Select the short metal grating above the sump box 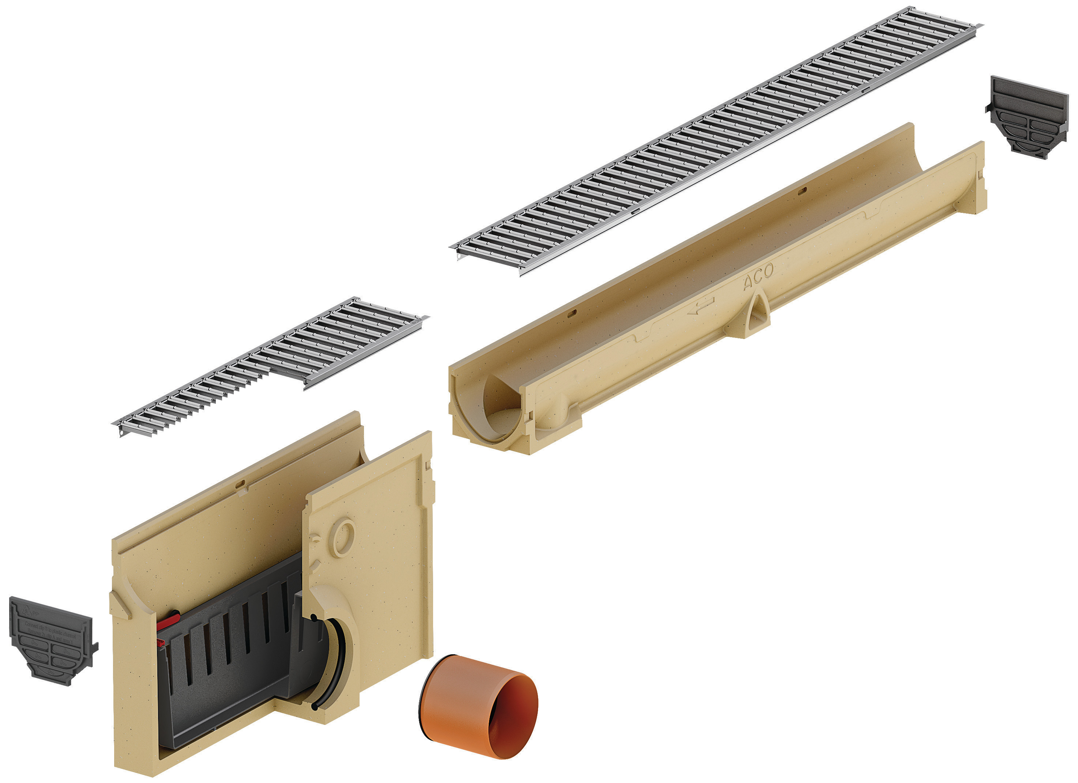(271, 366)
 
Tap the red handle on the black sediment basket (168, 620)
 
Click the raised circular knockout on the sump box (343, 539)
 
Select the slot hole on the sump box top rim (241, 484)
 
